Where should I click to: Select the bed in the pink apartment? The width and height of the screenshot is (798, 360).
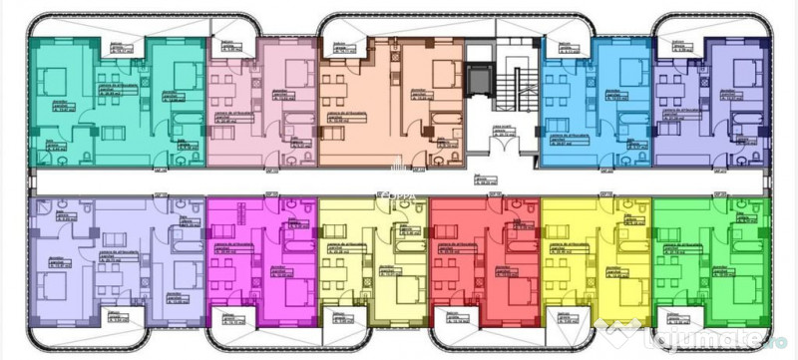(x=295, y=72)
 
